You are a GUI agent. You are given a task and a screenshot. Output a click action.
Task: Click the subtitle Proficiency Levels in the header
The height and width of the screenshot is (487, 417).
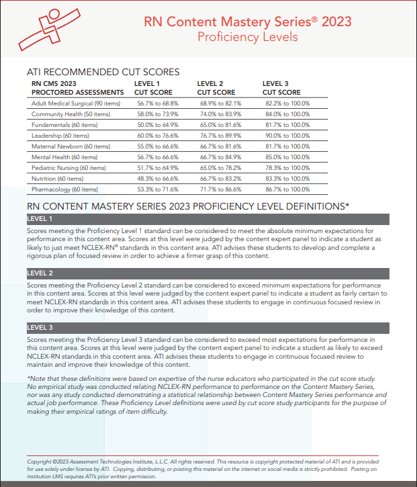click(247, 37)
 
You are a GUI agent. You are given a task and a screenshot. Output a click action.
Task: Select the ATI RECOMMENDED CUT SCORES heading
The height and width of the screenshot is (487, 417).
click(103, 71)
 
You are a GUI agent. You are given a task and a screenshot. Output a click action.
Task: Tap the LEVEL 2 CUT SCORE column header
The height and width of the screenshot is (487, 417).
click(216, 88)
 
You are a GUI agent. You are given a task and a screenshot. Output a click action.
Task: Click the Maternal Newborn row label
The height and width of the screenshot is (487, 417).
click(71, 146)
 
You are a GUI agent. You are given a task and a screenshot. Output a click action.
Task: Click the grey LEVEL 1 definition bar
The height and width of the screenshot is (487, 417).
click(207, 219)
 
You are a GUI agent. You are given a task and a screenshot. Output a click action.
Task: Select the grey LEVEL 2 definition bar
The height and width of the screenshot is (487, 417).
click(207, 273)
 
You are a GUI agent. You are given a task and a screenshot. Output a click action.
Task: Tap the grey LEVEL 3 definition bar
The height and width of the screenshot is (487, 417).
click(207, 328)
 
